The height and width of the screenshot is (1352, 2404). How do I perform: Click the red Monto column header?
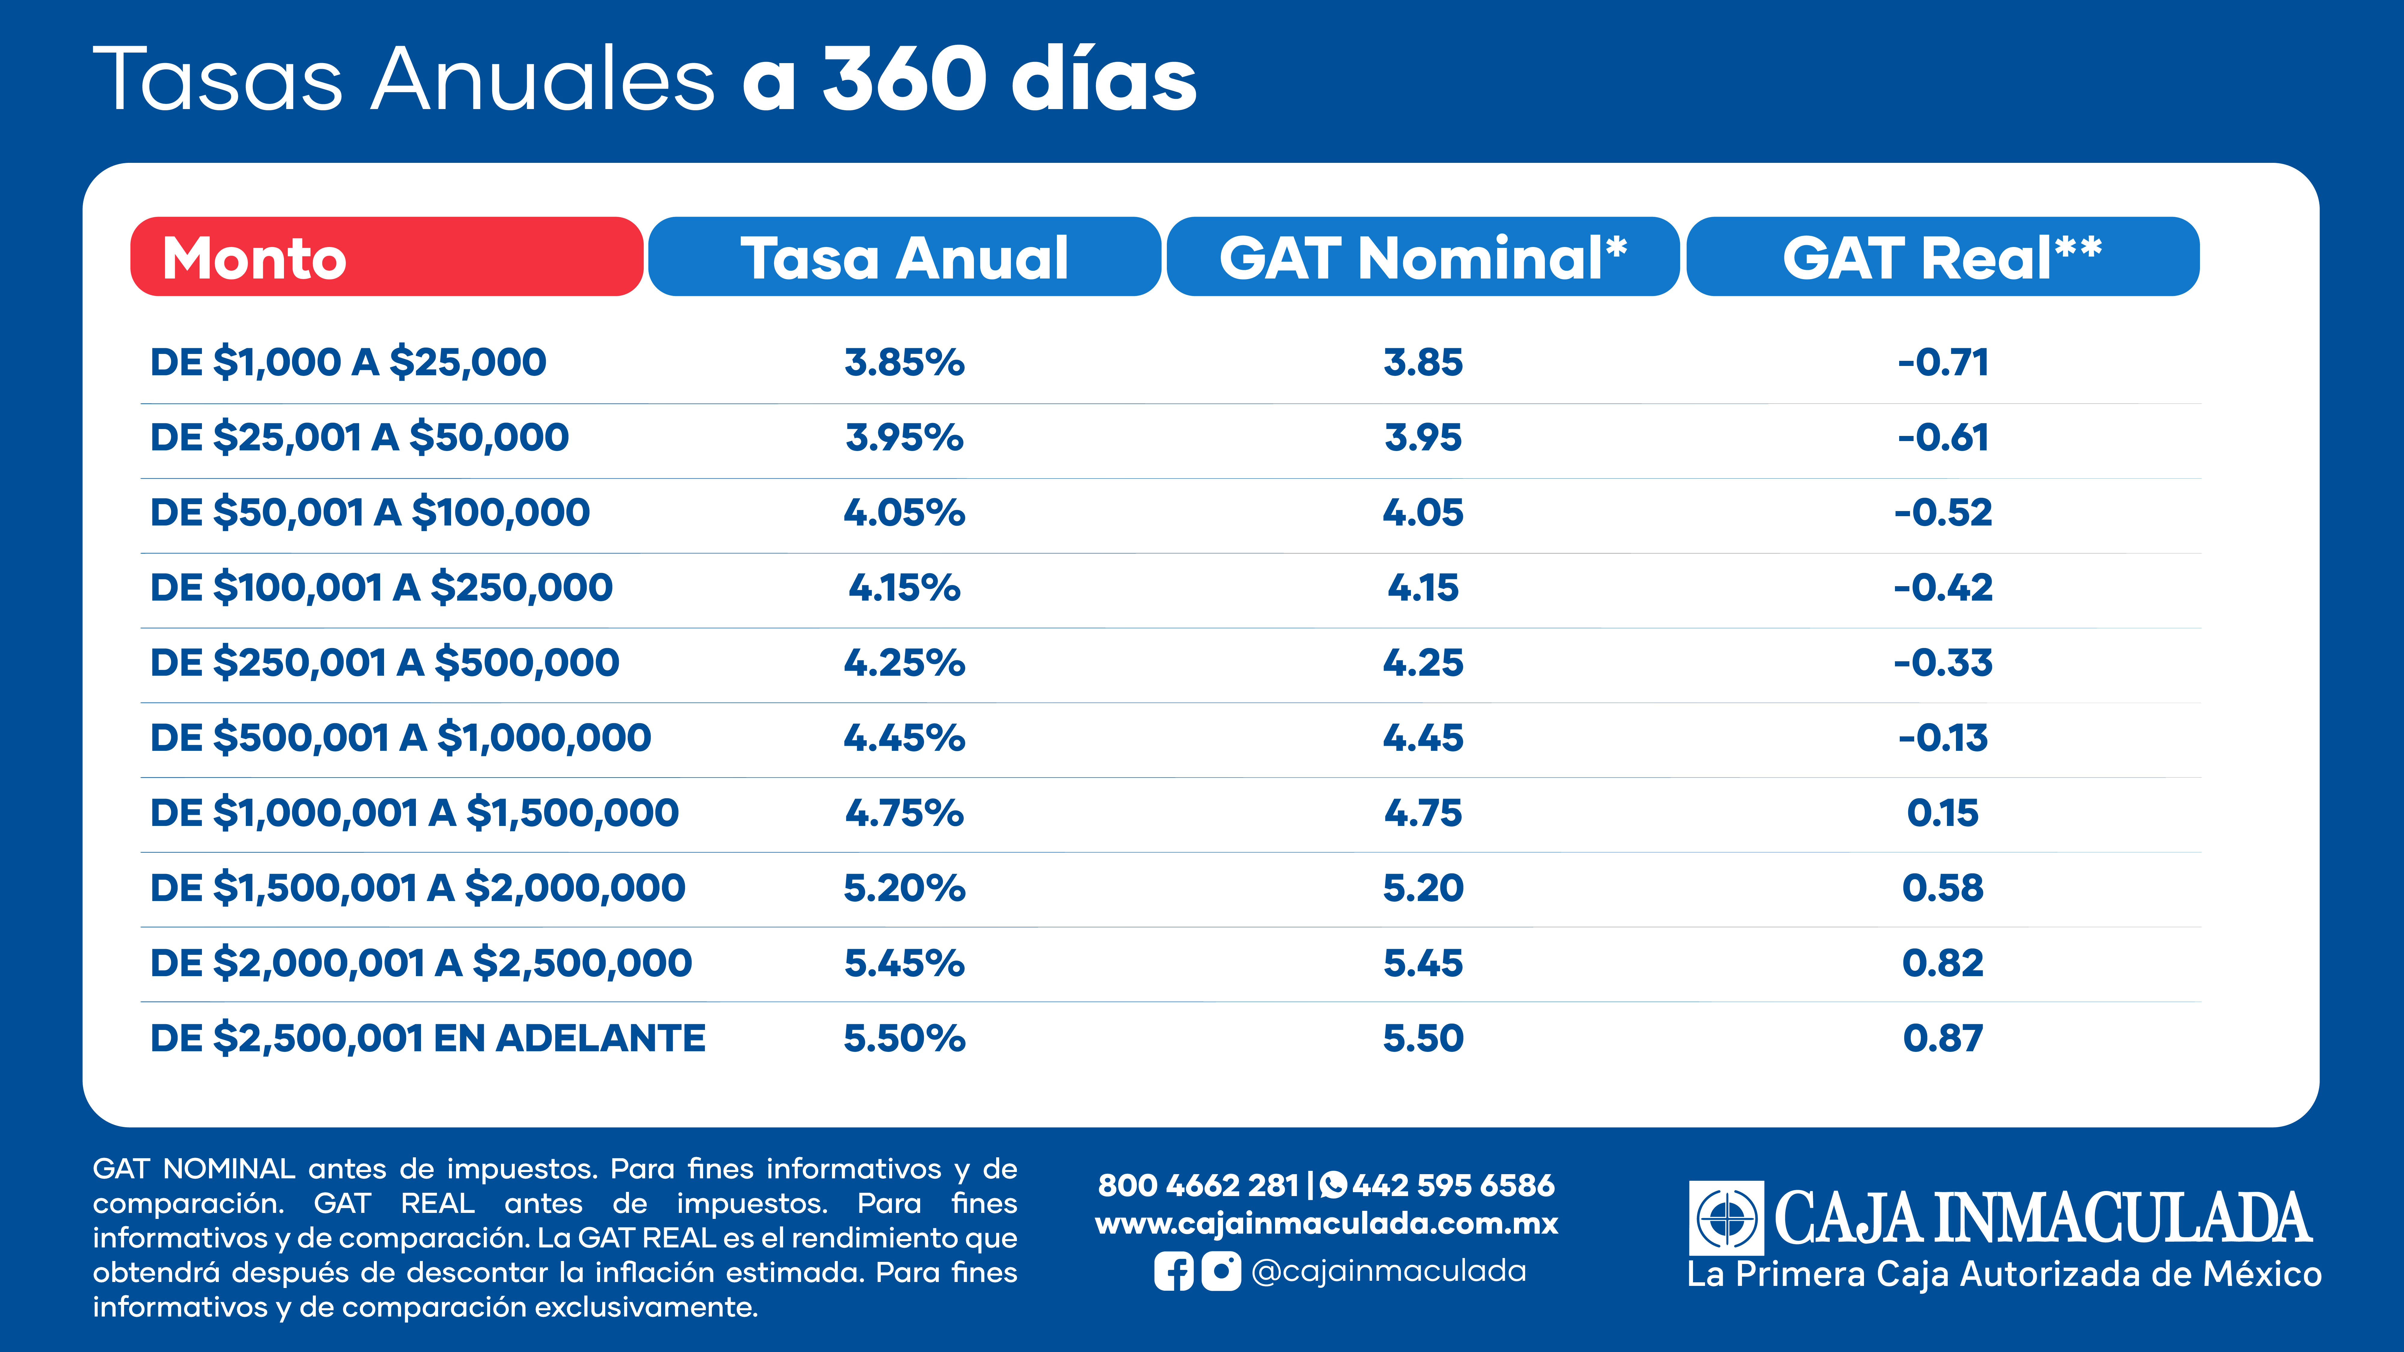[386, 257]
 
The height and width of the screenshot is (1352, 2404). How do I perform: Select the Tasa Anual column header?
[904, 257]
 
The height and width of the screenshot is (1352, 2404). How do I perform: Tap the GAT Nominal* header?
[1423, 257]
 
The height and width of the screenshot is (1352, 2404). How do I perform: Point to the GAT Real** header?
[1943, 257]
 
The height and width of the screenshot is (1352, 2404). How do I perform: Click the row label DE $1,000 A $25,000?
[348, 362]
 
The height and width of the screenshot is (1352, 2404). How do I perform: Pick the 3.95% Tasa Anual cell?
[904, 438]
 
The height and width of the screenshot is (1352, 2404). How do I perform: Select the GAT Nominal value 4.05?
[1423, 512]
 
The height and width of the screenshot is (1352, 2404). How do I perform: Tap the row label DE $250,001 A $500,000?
[385, 662]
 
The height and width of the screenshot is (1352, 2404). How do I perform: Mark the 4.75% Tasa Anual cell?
[904, 813]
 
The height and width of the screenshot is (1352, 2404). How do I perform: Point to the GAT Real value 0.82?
[1943, 963]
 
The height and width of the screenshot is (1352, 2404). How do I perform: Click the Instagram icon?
[1221, 1271]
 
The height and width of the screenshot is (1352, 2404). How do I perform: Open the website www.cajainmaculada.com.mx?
[1326, 1223]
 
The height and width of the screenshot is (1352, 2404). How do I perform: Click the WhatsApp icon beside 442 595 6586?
[1334, 1185]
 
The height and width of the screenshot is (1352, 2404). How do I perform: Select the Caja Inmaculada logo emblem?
[1726, 1218]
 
